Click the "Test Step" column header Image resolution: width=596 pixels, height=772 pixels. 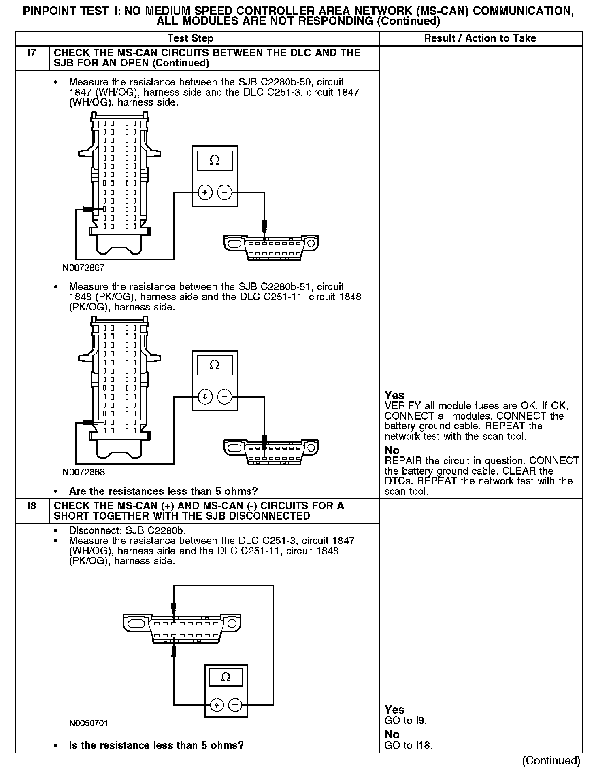[190, 38]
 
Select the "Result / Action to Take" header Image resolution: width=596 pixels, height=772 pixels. [480, 38]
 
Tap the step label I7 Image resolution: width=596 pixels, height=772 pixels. [32, 53]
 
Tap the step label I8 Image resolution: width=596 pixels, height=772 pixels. [32, 506]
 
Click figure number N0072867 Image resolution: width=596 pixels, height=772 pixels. [84, 267]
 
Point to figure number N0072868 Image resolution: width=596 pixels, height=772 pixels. [84, 472]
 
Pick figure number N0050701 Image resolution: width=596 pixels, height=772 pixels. [89, 723]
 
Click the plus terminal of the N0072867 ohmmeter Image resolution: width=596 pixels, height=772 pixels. [205, 192]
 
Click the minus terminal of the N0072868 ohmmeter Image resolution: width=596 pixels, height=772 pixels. [225, 397]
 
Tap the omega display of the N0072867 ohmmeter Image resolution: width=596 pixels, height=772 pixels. [215, 161]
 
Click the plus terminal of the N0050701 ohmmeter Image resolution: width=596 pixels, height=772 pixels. [217, 706]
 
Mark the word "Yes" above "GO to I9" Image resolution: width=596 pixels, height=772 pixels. [394, 710]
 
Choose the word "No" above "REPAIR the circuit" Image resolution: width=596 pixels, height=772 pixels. [392, 450]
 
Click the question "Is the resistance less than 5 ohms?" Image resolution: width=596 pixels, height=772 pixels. [156, 745]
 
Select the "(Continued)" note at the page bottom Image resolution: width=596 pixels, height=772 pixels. [551, 761]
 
